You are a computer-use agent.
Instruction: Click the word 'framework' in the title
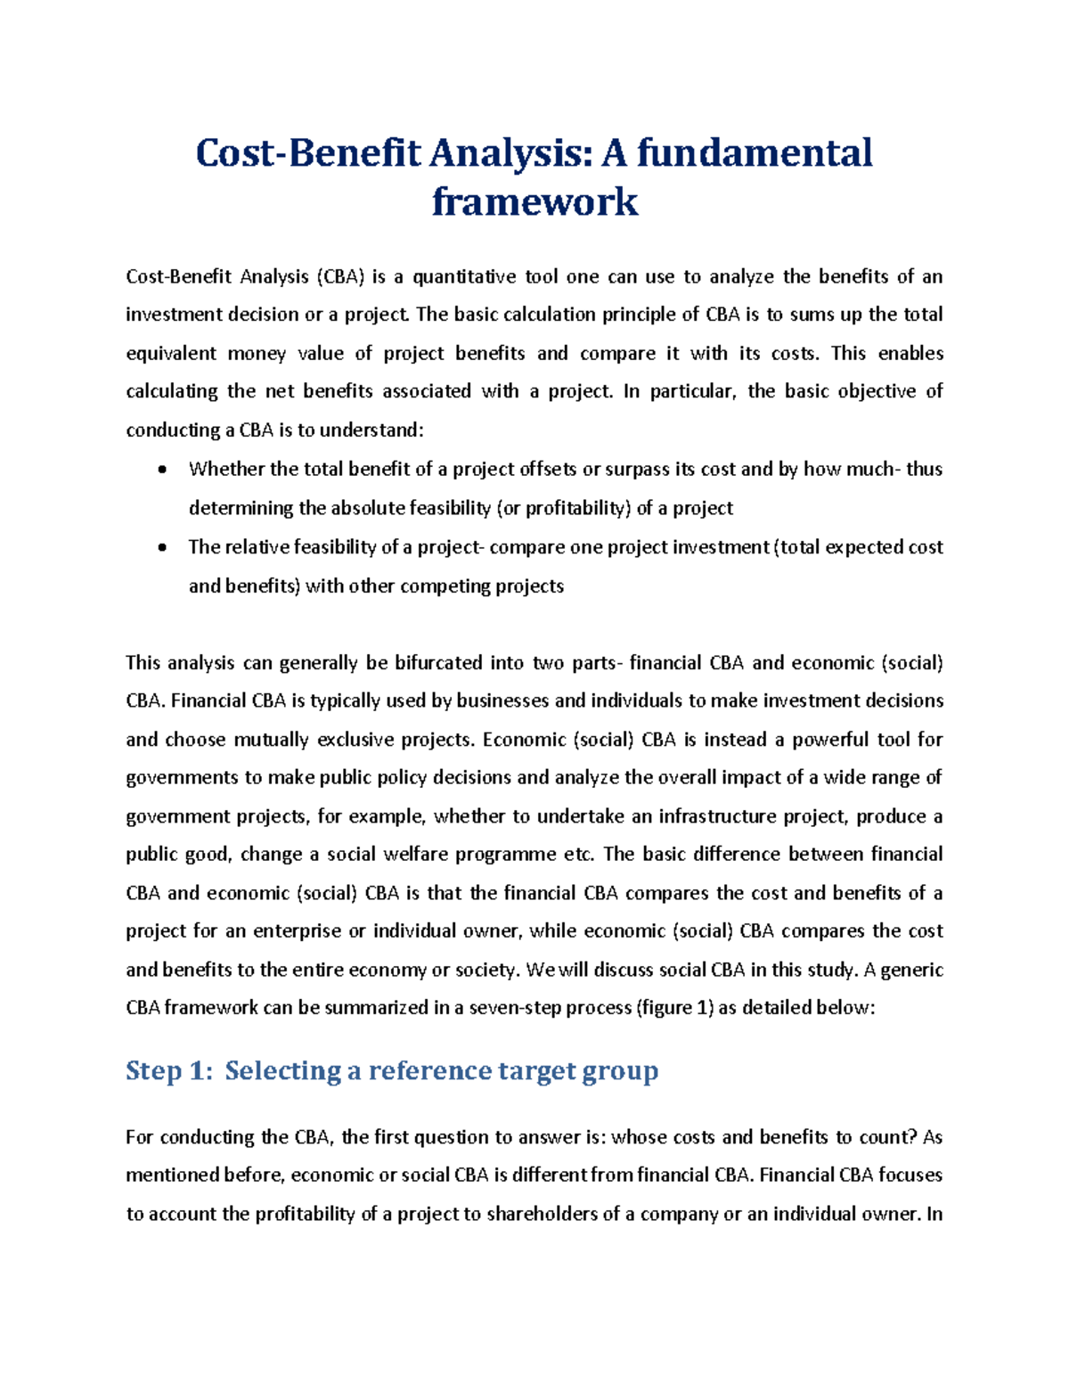534,201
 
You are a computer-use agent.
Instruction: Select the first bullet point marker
161,470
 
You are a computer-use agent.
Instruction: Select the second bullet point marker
161,547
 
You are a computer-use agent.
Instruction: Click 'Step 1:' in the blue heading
169,1070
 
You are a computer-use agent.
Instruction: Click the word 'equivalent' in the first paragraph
170,354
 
